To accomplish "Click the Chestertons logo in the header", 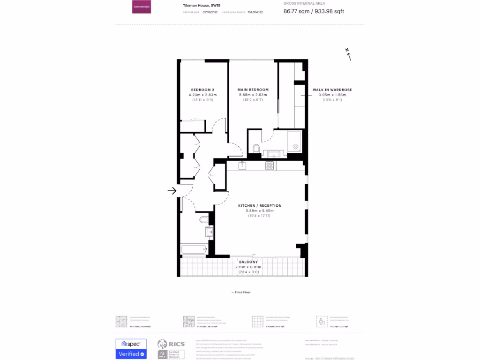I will (x=141, y=7).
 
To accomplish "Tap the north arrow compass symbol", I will (x=348, y=55).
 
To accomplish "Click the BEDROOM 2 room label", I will (x=202, y=90).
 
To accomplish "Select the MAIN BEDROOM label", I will (x=253, y=90).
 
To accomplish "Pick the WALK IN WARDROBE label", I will (x=332, y=90).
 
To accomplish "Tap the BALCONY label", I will (x=248, y=262).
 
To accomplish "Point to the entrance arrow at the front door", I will (x=172, y=190).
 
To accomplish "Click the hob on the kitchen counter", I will (x=270, y=165).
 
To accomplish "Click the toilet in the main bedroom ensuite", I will (x=256, y=149).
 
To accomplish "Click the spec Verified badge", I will (x=131, y=349).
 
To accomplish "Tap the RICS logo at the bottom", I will (x=171, y=349).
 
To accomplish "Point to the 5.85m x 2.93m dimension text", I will (x=253, y=95).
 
